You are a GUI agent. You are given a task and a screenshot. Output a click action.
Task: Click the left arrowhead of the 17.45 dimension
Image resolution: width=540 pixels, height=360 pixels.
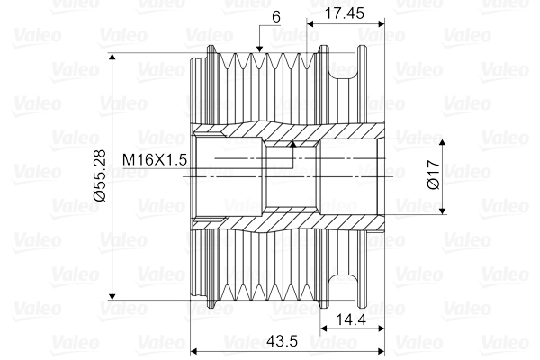coord(310,22)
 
